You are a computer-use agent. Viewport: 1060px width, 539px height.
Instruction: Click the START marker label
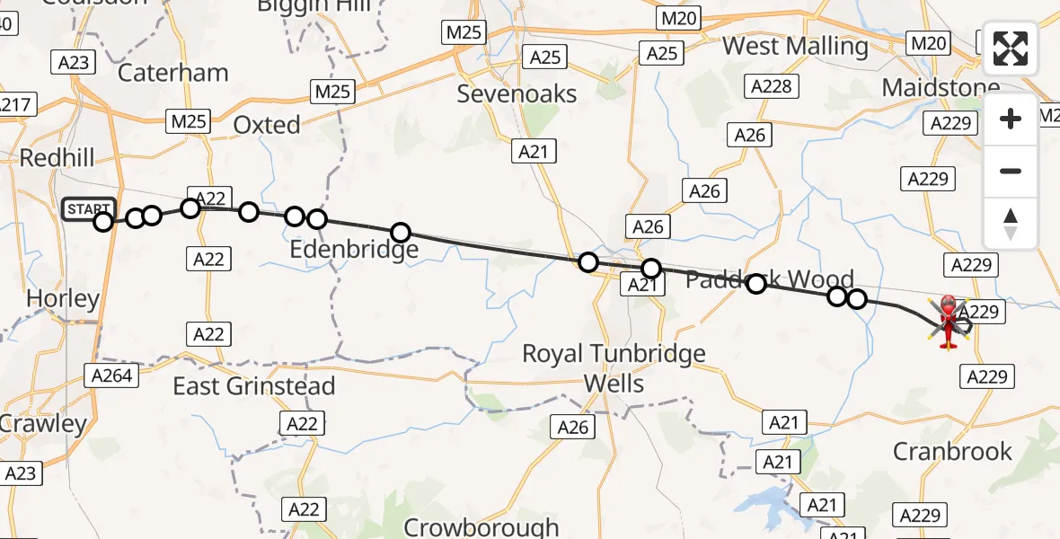click(x=88, y=208)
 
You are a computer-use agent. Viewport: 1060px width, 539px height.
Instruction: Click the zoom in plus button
click(x=1011, y=119)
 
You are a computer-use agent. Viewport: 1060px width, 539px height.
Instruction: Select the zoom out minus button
click(x=1011, y=171)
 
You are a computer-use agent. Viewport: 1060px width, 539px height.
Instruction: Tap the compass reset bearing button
click(x=1011, y=224)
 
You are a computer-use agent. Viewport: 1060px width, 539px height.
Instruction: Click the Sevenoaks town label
click(x=517, y=93)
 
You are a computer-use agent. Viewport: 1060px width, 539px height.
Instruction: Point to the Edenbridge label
click(x=354, y=249)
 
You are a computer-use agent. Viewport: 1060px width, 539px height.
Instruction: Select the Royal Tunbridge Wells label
click(x=614, y=368)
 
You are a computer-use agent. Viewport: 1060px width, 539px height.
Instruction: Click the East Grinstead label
click(x=254, y=386)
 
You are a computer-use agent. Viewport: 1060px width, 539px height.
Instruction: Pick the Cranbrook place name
click(x=952, y=451)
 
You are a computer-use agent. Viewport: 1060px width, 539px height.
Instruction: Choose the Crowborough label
click(x=481, y=526)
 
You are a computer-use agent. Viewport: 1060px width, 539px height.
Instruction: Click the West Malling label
click(x=795, y=46)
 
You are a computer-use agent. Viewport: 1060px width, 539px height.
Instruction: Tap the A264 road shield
click(x=112, y=375)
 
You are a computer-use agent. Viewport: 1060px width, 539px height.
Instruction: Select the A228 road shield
click(x=770, y=85)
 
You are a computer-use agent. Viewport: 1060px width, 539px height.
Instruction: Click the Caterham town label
click(x=173, y=73)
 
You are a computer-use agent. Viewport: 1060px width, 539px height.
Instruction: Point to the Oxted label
click(x=267, y=125)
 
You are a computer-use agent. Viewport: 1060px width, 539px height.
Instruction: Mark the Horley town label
click(x=63, y=298)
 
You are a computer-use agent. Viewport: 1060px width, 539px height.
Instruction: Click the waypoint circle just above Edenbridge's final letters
click(x=400, y=234)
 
